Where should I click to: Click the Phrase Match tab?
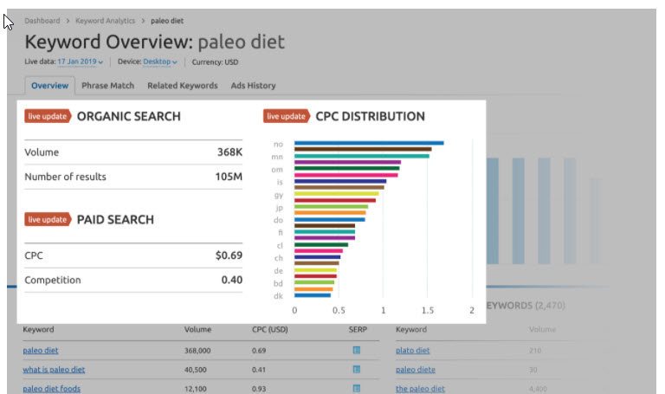click(108, 86)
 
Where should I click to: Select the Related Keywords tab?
click(182, 86)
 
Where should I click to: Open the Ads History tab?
click(253, 86)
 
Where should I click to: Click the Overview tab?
click(49, 86)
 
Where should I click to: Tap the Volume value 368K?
click(229, 152)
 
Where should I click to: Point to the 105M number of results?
click(229, 177)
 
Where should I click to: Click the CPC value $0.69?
click(229, 255)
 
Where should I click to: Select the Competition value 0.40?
click(231, 280)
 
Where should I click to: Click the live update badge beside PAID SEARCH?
click(48, 220)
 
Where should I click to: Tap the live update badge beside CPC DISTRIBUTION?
click(287, 116)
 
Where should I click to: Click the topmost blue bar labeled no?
click(369, 143)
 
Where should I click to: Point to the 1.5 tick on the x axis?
click(428, 310)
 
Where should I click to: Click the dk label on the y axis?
click(278, 296)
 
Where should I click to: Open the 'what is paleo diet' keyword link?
click(54, 370)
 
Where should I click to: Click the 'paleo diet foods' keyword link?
click(51, 389)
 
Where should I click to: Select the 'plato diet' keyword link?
click(412, 351)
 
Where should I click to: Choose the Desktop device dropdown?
click(160, 62)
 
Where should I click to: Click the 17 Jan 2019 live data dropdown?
click(81, 62)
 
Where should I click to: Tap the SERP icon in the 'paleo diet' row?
click(356, 351)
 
